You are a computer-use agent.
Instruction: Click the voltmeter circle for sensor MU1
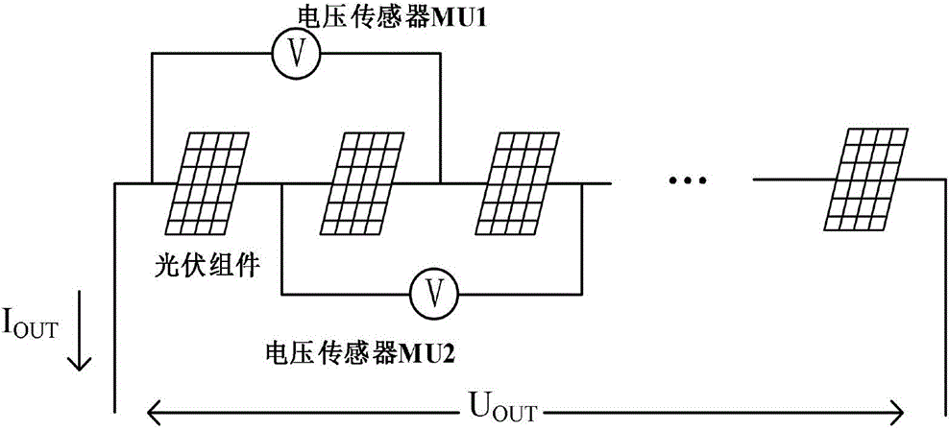point(295,54)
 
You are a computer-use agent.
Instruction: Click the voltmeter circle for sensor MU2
point(433,295)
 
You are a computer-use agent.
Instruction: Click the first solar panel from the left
point(206,183)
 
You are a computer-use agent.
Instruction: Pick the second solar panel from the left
point(361,183)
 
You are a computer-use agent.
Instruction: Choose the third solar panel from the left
point(518,183)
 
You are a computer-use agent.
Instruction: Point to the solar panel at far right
point(866,179)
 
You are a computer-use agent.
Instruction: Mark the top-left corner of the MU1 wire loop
point(152,54)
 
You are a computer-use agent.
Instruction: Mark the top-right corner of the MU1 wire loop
point(440,54)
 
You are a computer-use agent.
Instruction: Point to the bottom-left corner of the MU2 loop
point(282,295)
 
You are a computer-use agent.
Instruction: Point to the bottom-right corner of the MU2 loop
point(581,295)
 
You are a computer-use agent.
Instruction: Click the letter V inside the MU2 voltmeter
point(433,295)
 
